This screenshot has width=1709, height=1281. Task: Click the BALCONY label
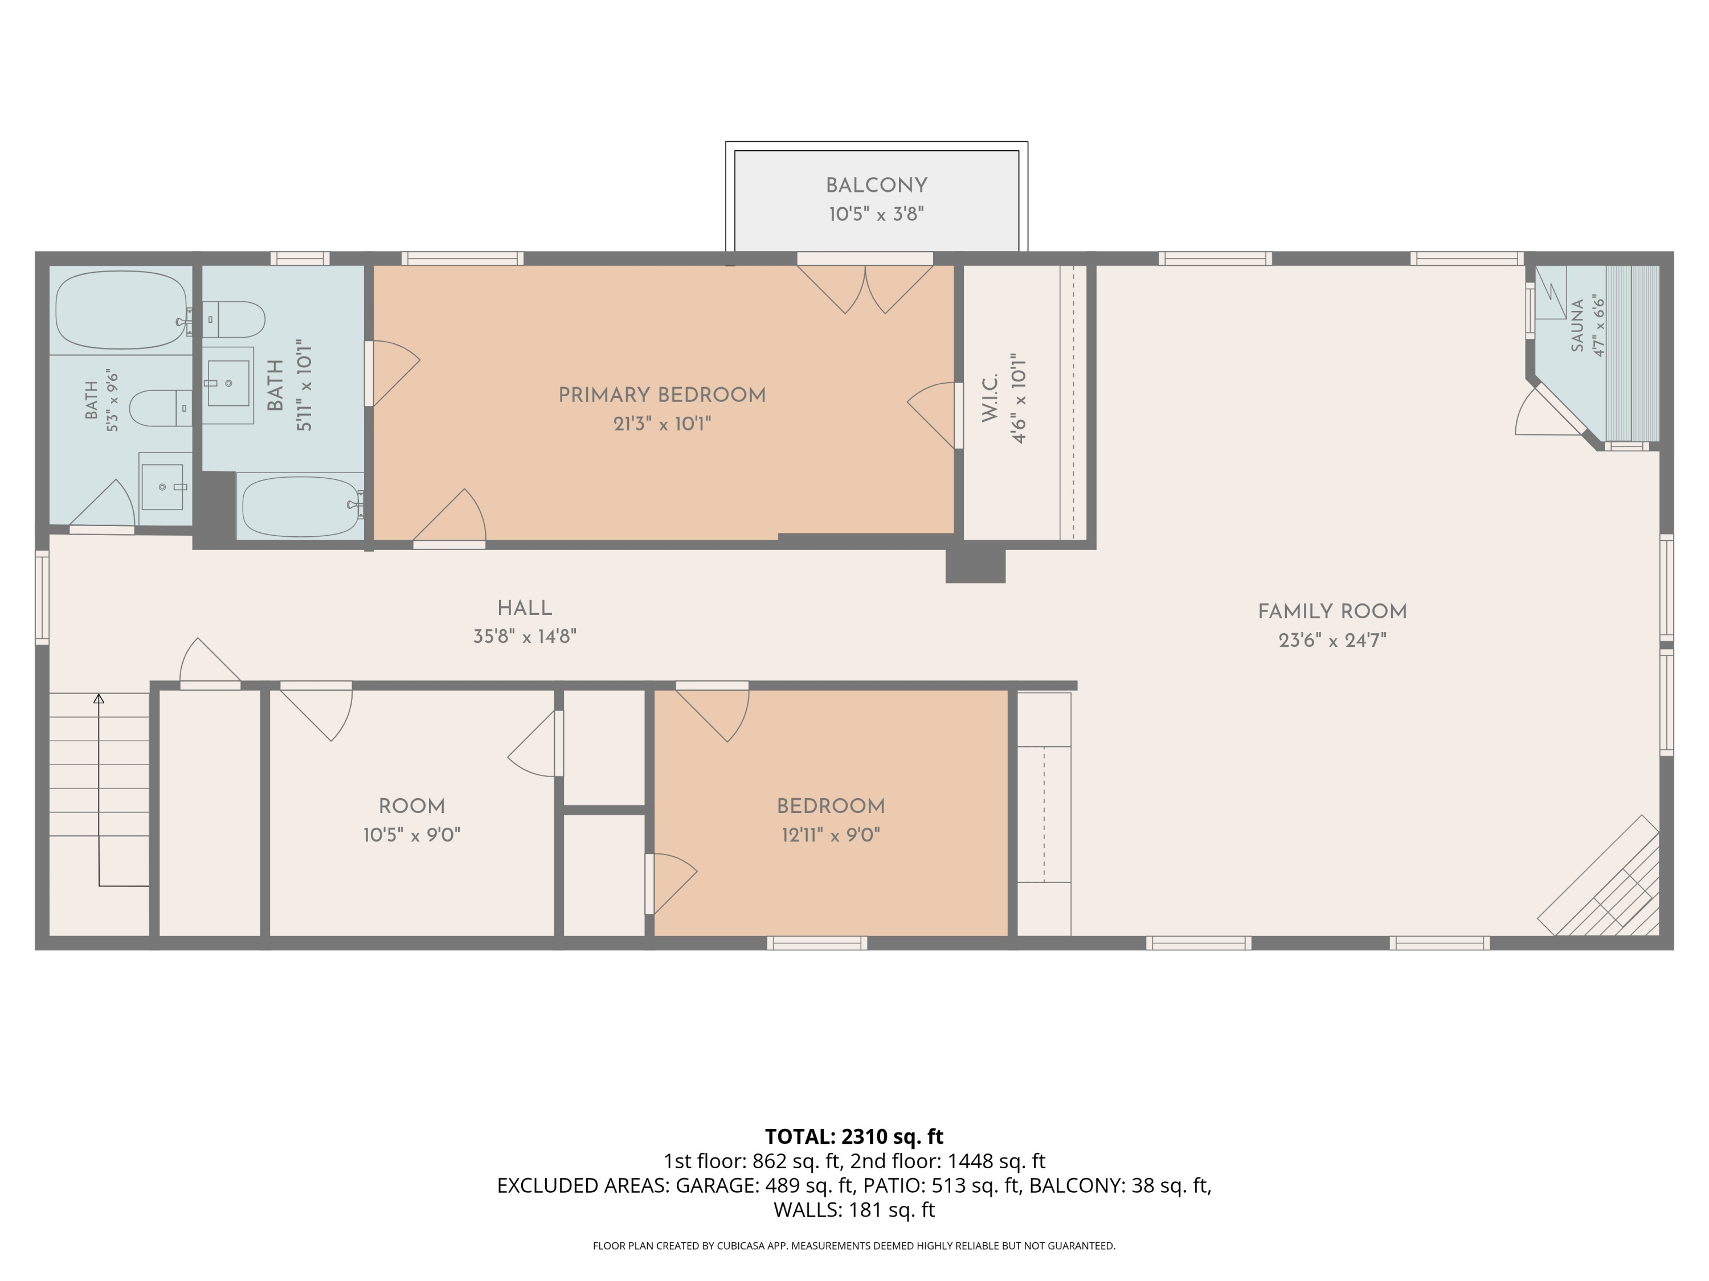(x=876, y=185)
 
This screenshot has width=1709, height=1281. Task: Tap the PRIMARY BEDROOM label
(x=662, y=395)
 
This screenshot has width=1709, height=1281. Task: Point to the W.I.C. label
(x=991, y=397)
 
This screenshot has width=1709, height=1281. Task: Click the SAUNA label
(x=1577, y=325)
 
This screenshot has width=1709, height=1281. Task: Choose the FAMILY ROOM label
(x=1333, y=611)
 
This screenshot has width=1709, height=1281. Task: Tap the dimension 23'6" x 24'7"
(x=1333, y=640)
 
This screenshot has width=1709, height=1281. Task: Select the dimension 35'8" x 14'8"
(x=525, y=637)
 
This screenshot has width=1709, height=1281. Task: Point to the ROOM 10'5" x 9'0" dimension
(x=412, y=835)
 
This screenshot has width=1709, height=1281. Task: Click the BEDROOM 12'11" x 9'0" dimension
(x=831, y=835)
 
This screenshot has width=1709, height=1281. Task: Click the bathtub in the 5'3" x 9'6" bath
(x=122, y=310)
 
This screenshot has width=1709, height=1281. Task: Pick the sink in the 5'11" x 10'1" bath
(x=228, y=384)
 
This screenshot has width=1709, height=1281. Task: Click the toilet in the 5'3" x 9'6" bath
(x=160, y=408)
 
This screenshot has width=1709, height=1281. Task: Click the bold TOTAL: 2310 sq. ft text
(x=854, y=1136)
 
